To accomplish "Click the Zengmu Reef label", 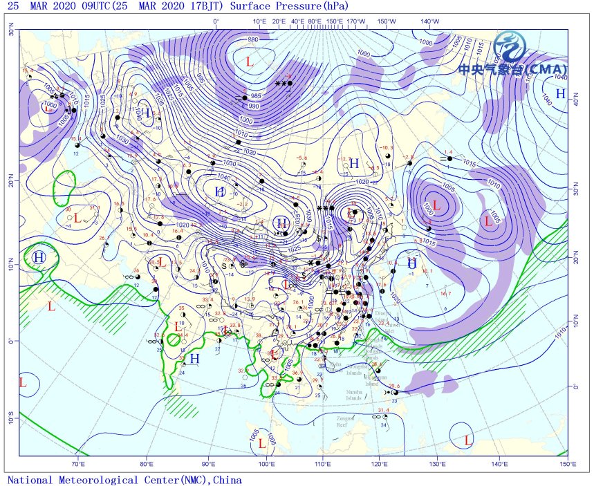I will [x=346, y=421].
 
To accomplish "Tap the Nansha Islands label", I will [x=354, y=395].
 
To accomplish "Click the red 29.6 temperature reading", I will [x=394, y=386].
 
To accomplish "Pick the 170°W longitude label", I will [x=356, y=21].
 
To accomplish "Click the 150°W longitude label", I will [x=387, y=21].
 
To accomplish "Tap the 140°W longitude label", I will [x=429, y=21].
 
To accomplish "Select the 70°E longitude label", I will [x=78, y=463].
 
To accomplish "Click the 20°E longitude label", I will [x=279, y=21].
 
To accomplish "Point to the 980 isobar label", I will [x=252, y=39].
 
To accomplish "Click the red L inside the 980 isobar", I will [x=249, y=62].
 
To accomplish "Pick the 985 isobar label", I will [x=256, y=95].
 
